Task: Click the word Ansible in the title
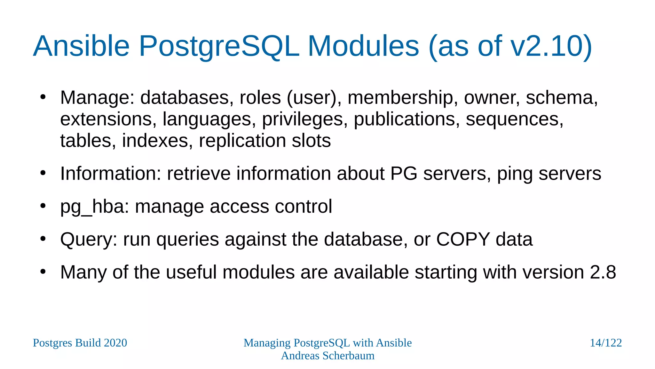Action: [x=81, y=46]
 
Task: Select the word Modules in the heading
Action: [x=363, y=46]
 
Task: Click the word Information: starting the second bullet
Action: [x=111, y=174]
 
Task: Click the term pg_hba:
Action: [x=95, y=207]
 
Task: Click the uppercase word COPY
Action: [x=463, y=239]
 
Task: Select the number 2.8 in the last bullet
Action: [x=603, y=272]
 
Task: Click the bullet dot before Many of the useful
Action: [x=43, y=272]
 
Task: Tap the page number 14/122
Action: [x=606, y=343]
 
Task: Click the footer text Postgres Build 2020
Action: [x=80, y=343]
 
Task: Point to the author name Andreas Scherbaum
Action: [x=327, y=356]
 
